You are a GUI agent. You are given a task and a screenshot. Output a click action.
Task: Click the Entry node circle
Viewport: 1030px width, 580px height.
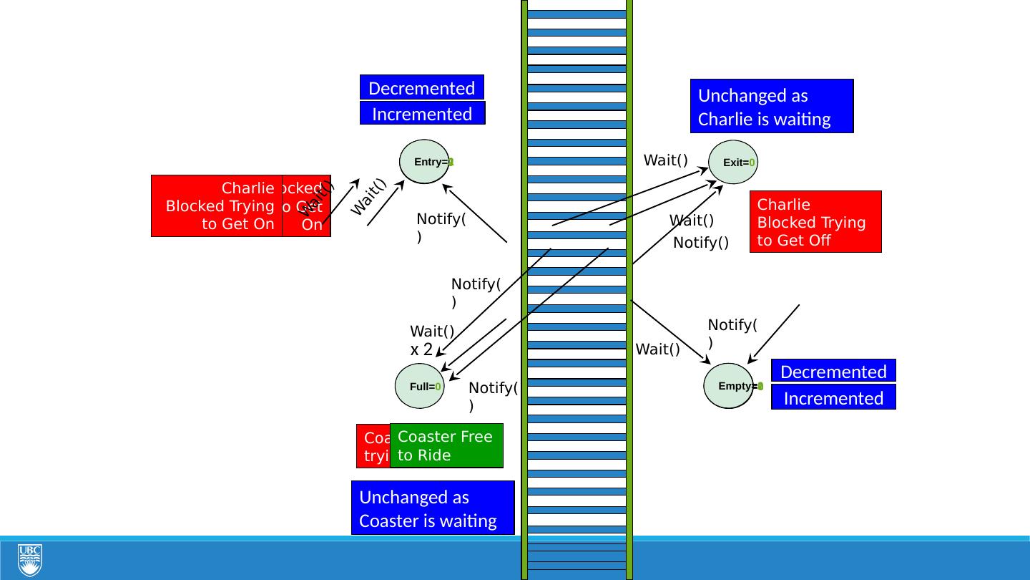[x=425, y=162]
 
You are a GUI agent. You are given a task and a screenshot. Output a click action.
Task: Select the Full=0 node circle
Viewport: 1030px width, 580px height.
[x=419, y=387]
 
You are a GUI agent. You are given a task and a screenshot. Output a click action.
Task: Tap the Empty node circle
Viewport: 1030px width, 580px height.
[x=729, y=386]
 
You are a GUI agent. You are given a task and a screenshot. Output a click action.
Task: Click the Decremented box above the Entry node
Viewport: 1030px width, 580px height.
[x=422, y=88]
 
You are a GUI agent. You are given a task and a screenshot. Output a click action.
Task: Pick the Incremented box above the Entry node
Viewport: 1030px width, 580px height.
[x=422, y=114]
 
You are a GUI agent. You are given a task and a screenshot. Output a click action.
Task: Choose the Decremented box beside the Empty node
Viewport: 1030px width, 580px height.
[x=833, y=371]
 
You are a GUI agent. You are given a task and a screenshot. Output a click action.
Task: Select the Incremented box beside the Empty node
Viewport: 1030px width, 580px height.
[x=833, y=397]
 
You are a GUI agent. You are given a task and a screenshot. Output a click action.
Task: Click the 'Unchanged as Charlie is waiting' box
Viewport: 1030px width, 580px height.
[x=772, y=107]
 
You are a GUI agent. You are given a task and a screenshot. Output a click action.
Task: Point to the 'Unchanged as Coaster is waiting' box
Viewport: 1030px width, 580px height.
[x=433, y=508]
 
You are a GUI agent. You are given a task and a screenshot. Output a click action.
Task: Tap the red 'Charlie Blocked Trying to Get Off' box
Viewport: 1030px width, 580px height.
[x=815, y=222]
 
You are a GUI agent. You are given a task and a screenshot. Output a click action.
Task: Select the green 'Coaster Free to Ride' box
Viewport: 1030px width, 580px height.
[x=446, y=445]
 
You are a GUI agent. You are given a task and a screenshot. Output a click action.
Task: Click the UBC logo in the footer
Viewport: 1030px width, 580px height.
[x=30, y=560]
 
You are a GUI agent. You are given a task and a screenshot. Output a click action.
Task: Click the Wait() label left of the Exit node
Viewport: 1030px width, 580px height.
[x=665, y=160]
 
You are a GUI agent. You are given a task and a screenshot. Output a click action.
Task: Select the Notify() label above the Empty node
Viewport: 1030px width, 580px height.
[x=732, y=333]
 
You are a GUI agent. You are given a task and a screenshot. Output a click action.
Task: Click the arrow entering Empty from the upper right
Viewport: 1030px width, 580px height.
[x=774, y=334]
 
